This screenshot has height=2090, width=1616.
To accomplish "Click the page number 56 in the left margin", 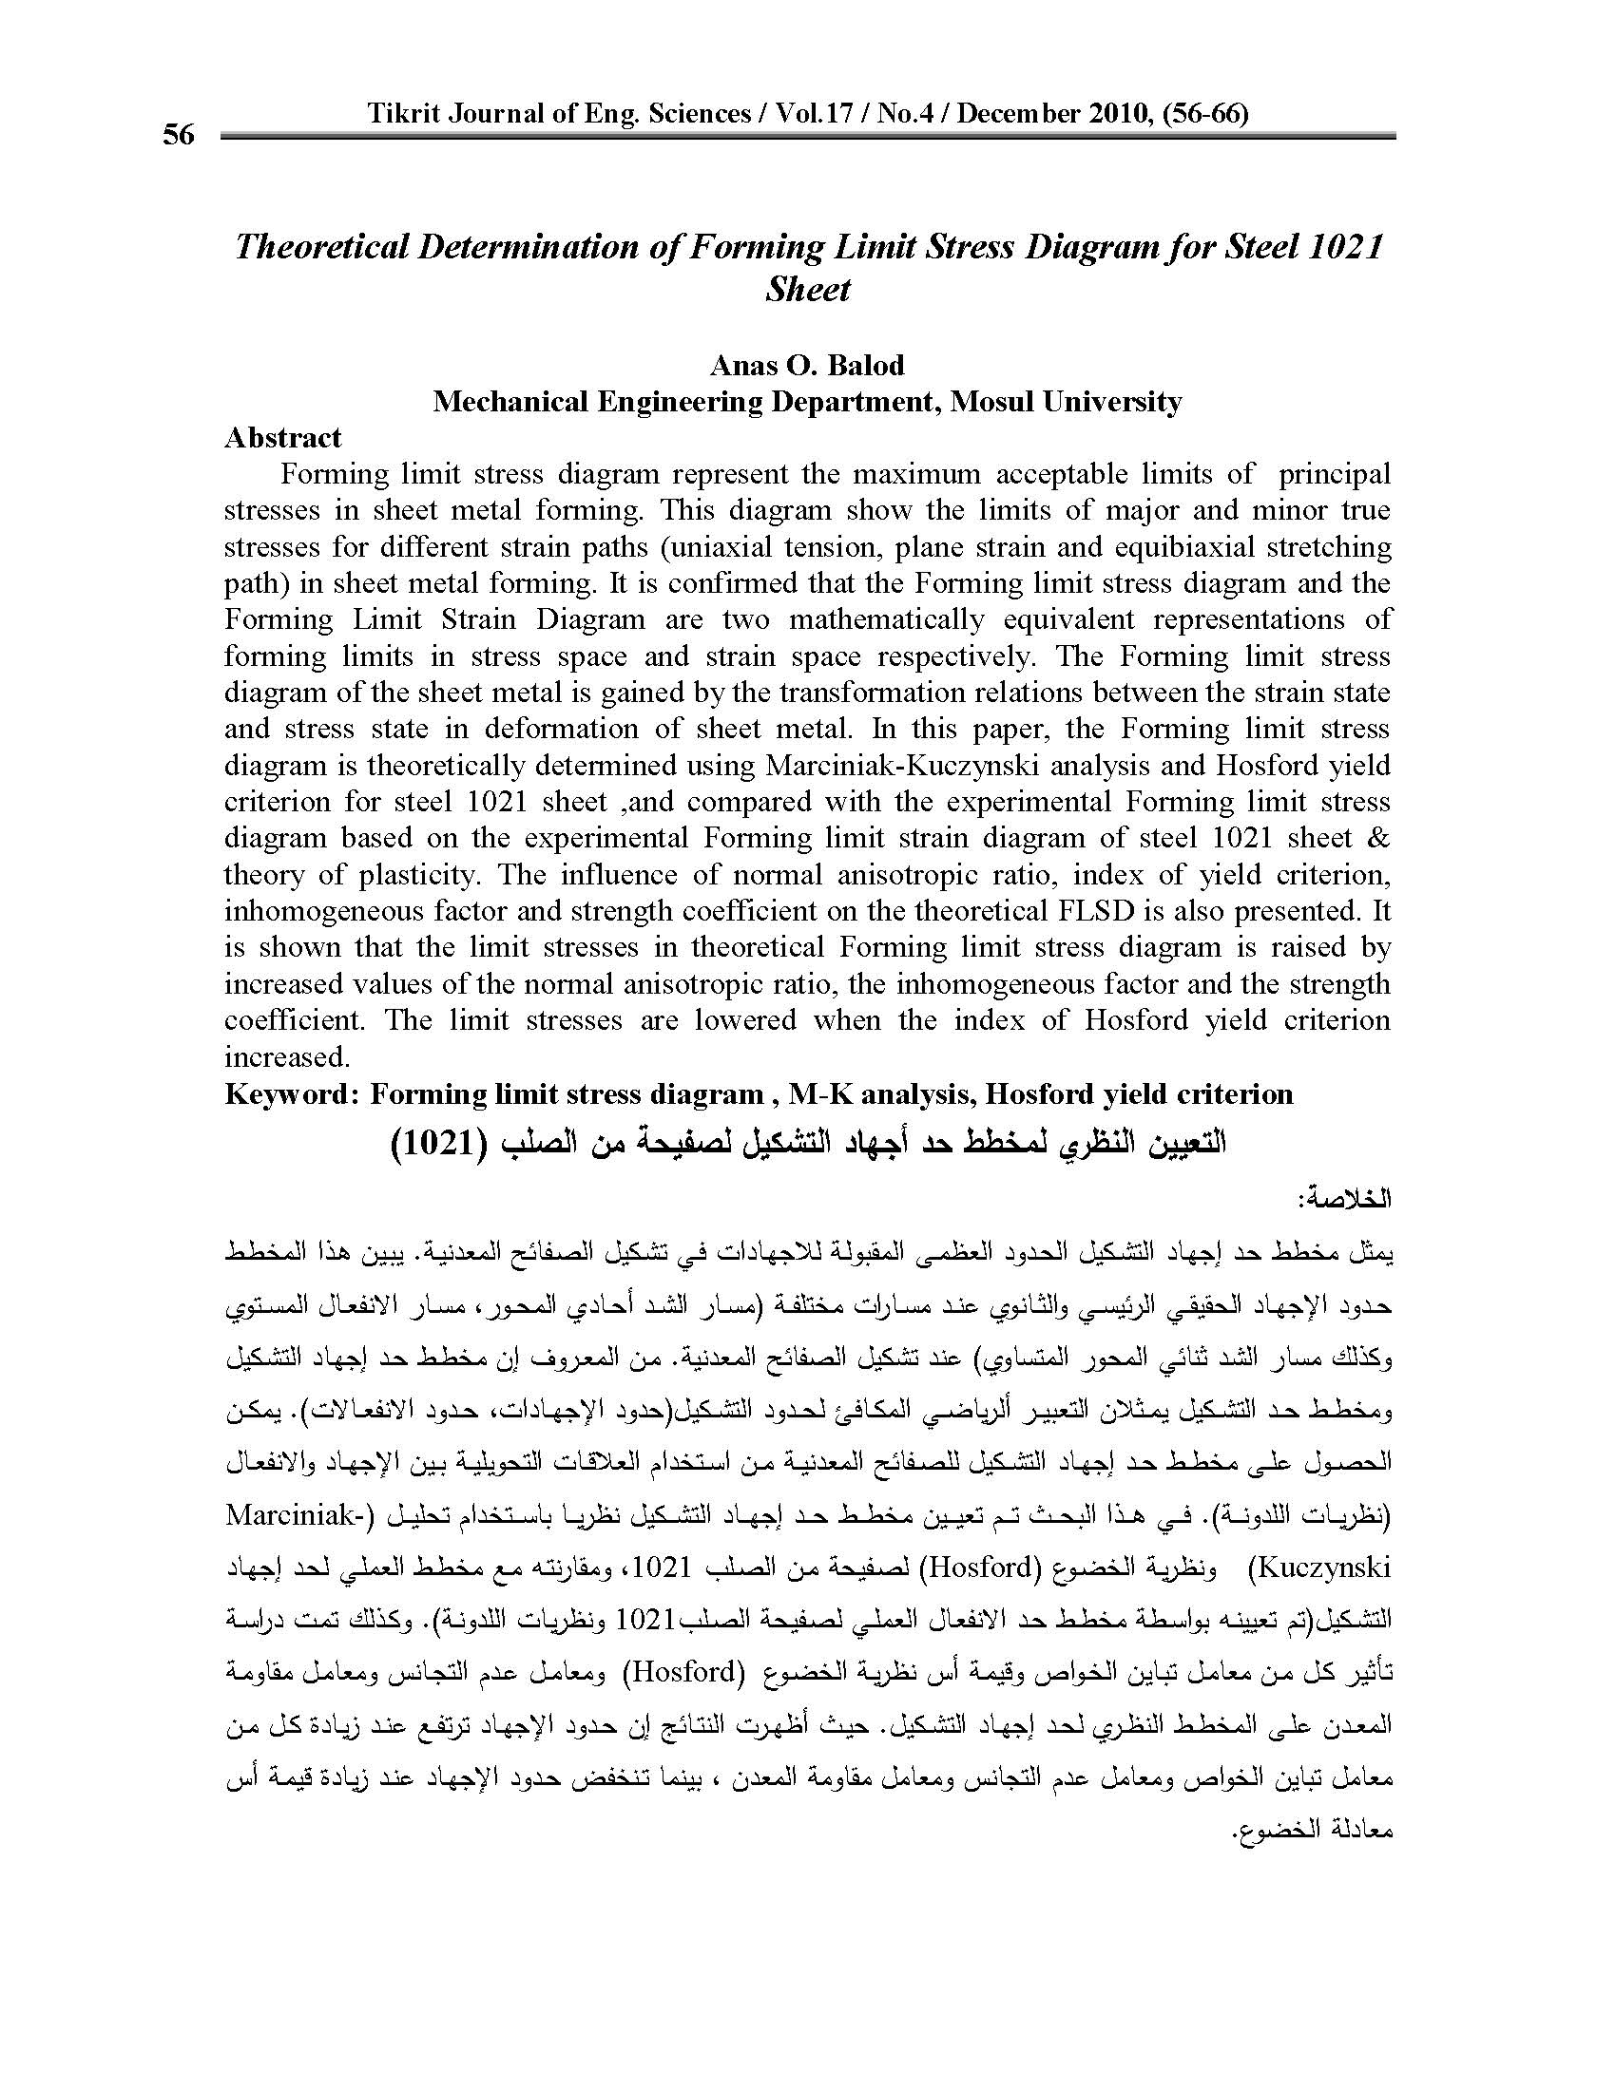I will tap(178, 135).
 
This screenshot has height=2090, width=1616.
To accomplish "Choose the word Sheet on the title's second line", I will tap(807, 290).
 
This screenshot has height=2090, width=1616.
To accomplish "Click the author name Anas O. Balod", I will tap(807, 366).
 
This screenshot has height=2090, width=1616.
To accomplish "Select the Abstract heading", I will tap(282, 438).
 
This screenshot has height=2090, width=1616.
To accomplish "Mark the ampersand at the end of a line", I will tap(1378, 838).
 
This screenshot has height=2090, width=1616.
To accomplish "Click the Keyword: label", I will tap(291, 1093).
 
